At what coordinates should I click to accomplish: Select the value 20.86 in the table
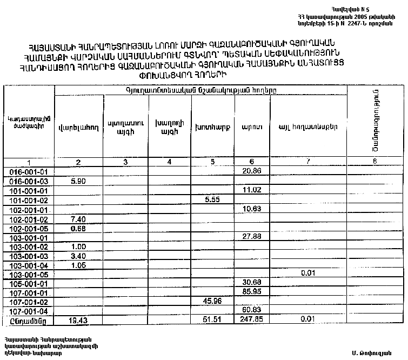(252, 171)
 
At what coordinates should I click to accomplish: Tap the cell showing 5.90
(79, 181)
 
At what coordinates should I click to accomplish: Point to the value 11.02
(252, 190)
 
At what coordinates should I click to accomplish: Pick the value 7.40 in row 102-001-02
(79, 219)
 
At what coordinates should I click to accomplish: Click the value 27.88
(252, 237)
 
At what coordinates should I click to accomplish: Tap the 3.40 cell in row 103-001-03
(79, 256)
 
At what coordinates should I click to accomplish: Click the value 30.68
(252, 283)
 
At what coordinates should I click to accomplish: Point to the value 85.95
(252, 292)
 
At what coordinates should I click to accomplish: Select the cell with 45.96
(211, 301)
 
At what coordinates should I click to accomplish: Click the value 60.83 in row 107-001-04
(252, 311)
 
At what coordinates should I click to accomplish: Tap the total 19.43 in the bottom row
(79, 321)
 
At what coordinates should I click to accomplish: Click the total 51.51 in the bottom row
(211, 321)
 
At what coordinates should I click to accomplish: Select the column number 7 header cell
(308, 162)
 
